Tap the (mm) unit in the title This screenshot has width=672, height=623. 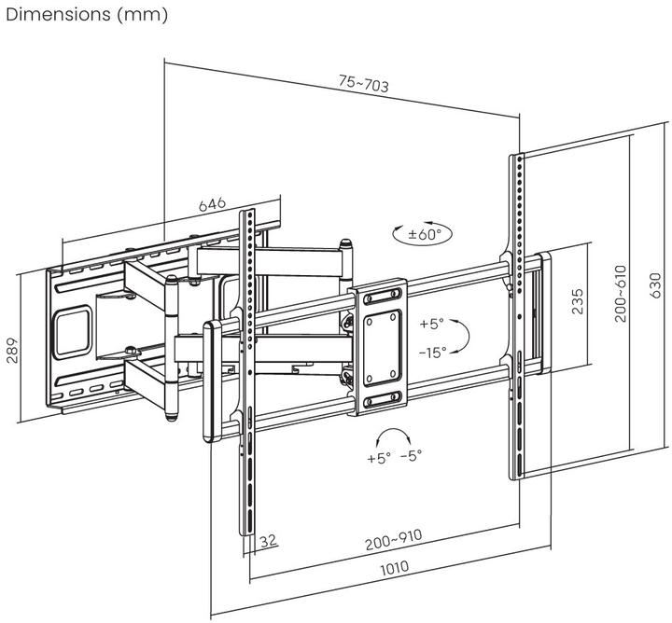(x=145, y=15)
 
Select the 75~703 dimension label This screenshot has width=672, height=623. (x=363, y=84)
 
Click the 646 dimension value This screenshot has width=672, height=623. (x=212, y=203)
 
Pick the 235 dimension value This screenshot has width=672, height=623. (x=580, y=303)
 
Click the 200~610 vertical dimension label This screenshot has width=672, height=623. (x=621, y=294)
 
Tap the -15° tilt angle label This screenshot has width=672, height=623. (x=432, y=352)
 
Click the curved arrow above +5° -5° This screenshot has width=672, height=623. (x=393, y=436)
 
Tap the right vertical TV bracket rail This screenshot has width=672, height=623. (x=515, y=317)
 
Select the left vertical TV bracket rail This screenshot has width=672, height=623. (x=249, y=373)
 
